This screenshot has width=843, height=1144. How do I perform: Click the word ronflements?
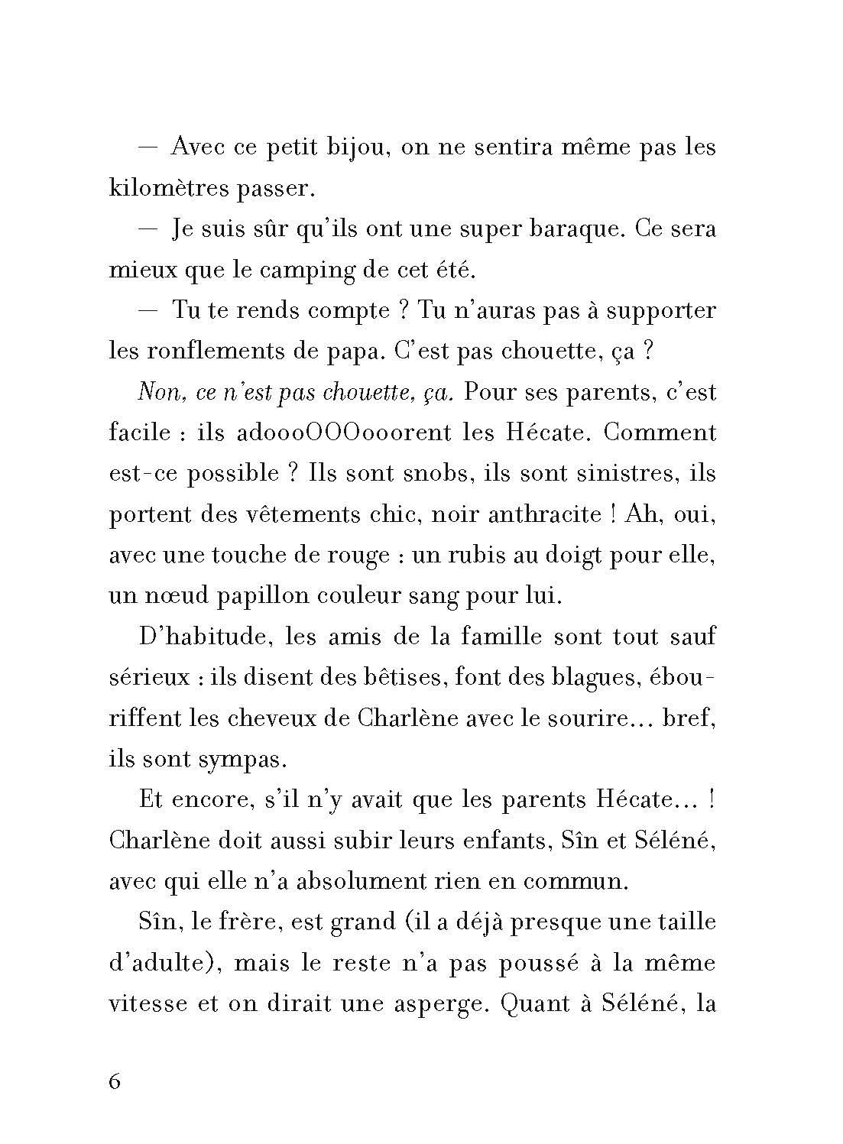217,352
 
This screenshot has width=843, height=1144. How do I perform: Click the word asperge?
433,1003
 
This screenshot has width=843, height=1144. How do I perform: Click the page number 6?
115,1083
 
